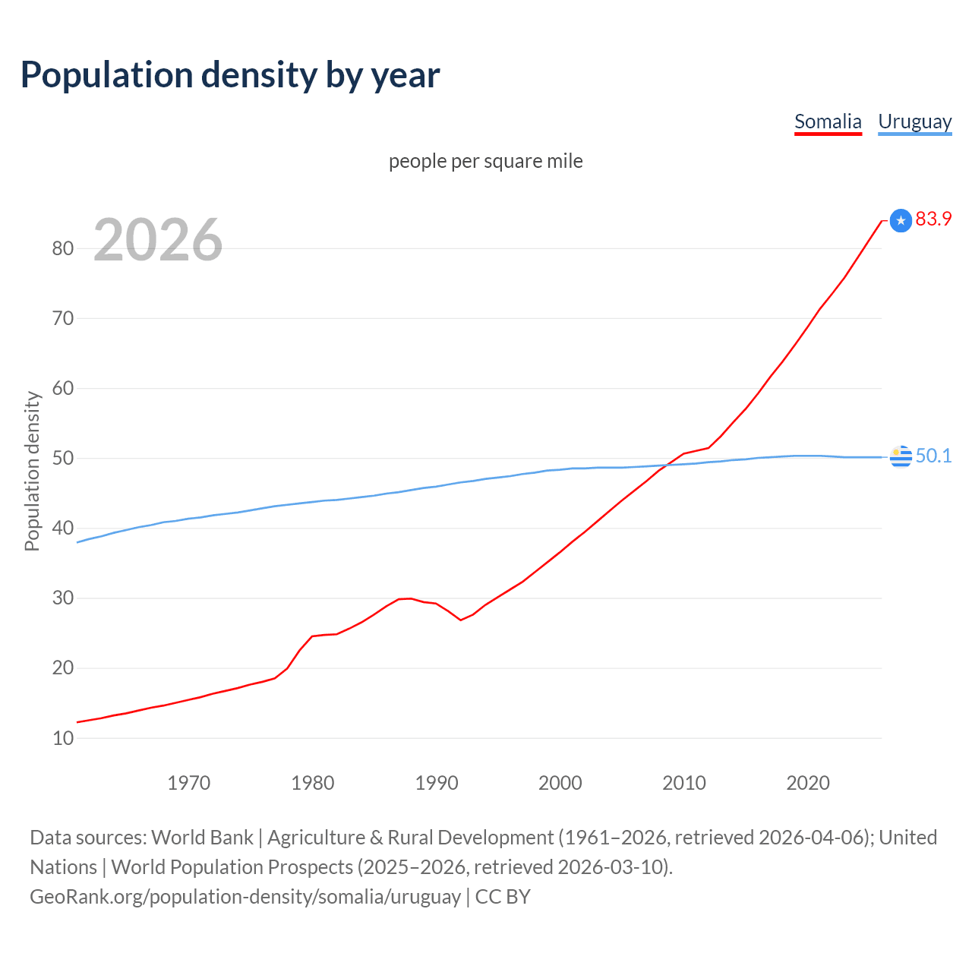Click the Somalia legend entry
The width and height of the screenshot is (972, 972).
pyautogui.click(x=828, y=121)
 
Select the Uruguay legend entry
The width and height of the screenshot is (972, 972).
pyautogui.click(x=914, y=121)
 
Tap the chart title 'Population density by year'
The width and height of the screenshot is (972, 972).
pyautogui.click(x=230, y=75)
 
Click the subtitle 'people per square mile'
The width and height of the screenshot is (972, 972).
pyautogui.click(x=485, y=161)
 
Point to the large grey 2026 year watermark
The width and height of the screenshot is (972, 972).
pyautogui.click(x=158, y=240)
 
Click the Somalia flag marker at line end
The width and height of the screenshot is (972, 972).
pyautogui.click(x=901, y=220)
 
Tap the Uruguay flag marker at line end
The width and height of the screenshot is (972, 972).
pyautogui.click(x=901, y=456)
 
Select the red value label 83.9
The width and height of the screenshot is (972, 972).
pyautogui.click(x=933, y=219)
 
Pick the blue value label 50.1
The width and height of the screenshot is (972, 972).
pyautogui.click(x=933, y=456)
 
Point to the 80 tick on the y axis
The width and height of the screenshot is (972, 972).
pyautogui.click(x=63, y=248)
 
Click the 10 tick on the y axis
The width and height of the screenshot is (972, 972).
pyautogui.click(x=63, y=738)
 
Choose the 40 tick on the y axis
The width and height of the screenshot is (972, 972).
pyautogui.click(x=63, y=528)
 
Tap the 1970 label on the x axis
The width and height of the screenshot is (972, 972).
pyautogui.click(x=188, y=783)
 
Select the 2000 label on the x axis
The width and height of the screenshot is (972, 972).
pyautogui.click(x=560, y=783)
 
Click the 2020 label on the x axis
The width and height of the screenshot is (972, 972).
pyautogui.click(x=807, y=783)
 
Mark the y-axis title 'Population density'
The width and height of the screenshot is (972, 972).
pyautogui.click(x=32, y=471)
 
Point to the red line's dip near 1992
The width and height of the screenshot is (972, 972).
pyautogui.click(x=460, y=620)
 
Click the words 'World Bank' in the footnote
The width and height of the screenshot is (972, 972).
pyautogui.click(x=202, y=838)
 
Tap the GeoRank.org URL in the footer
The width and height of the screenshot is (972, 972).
pyautogui.click(x=245, y=897)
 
